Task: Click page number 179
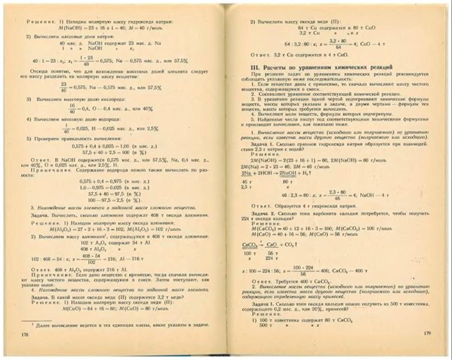click(x=426, y=332)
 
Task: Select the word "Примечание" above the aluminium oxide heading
click(x=60, y=167)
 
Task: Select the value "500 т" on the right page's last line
click(x=266, y=328)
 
